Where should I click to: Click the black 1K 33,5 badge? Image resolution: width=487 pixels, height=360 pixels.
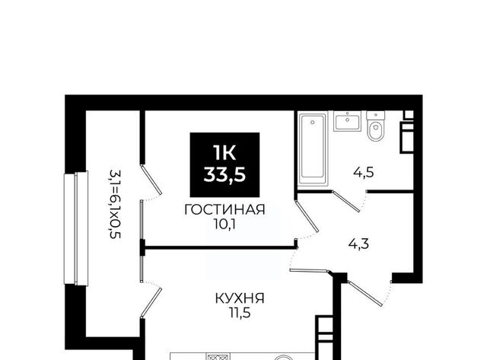[224, 165]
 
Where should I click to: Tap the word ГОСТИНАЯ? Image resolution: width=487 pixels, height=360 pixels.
[224, 210]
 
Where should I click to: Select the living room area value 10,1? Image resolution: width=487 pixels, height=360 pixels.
[224, 225]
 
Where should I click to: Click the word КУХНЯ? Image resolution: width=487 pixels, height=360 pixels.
[240, 299]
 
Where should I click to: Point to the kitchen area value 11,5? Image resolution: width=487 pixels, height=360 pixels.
[240, 313]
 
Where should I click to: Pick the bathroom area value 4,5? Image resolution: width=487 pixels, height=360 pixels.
[364, 172]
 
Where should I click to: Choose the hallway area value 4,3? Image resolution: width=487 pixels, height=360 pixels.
[358, 244]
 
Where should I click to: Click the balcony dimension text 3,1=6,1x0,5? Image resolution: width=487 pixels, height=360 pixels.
[114, 204]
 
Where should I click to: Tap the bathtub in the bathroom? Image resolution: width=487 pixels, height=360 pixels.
[313, 149]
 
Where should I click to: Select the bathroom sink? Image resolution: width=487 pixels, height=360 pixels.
[347, 121]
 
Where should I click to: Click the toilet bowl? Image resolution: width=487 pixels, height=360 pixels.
[375, 127]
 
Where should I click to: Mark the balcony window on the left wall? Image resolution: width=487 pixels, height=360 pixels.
[76, 228]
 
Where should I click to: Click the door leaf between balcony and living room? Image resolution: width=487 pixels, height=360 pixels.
[151, 180]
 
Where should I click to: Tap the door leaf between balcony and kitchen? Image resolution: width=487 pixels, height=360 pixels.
[151, 302]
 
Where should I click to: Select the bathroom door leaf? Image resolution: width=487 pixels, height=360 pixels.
[346, 201]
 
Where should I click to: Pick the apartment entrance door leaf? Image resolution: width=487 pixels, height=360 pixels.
[365, 294]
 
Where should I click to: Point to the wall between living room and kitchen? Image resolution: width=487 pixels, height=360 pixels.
[220, 247]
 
